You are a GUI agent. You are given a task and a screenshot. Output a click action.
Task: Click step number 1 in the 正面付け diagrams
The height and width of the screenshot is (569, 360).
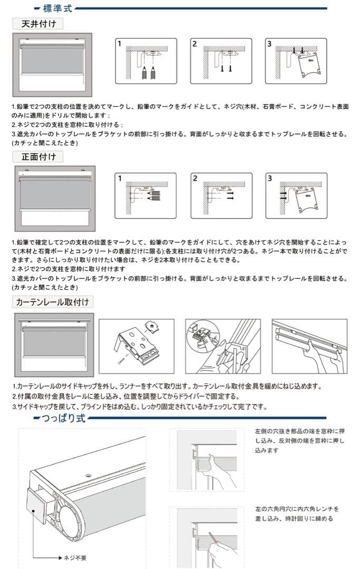(x=120, y=179)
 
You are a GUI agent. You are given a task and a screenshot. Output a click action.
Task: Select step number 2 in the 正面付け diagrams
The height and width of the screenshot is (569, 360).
(x=194, y=179)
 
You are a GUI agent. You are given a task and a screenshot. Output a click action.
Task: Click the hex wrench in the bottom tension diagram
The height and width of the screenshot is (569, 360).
(x=216, y=539)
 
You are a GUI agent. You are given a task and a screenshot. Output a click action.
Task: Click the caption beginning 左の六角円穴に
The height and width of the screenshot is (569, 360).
(x=296, y=514)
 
